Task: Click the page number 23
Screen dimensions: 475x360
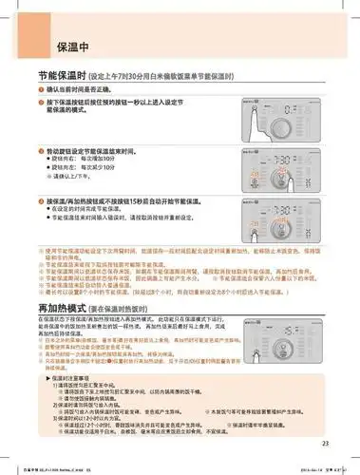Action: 325,442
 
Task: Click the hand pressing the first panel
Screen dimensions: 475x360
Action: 258,106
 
